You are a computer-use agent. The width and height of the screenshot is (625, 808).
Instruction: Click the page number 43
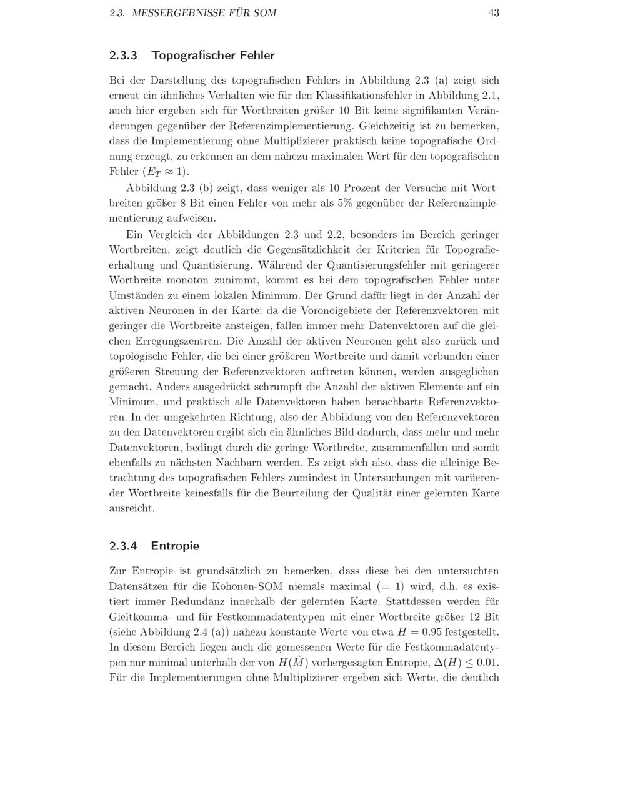[x=494, y=12]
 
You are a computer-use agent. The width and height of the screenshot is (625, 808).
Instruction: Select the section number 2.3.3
[x=122, y=56]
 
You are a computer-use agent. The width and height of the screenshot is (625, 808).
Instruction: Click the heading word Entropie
[x=175, y=546]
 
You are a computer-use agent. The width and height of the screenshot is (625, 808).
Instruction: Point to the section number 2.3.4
[x=122, y=546]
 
